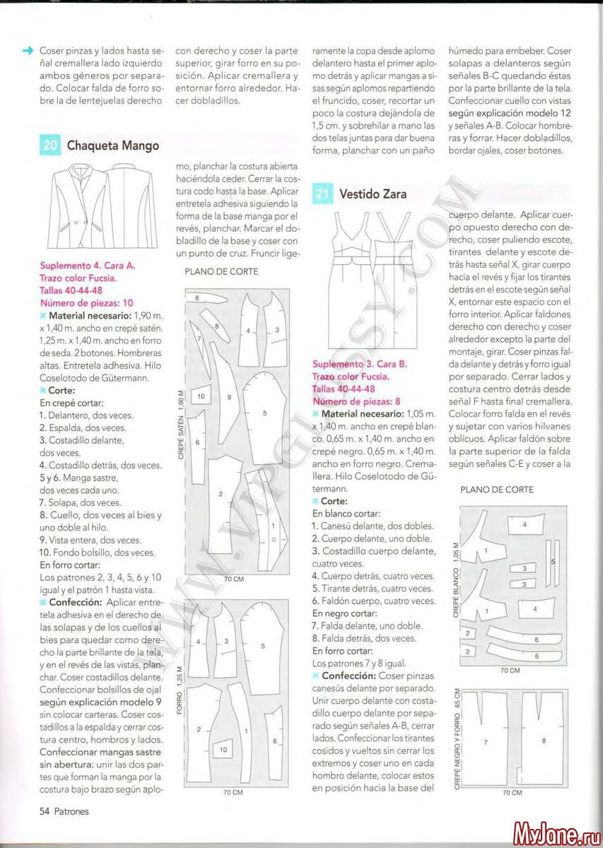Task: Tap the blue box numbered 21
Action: click(322, 194)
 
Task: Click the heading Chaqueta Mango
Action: click(113, 146)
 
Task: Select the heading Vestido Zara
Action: click(373, 194)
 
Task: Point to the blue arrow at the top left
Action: click(28, 51)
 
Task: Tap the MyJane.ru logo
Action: click(556, 832)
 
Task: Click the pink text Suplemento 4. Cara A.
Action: click(88, 266)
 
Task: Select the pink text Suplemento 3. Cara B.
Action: click(360, 364)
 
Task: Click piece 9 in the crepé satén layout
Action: click(230, 397)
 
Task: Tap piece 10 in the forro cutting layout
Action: click(223, 749)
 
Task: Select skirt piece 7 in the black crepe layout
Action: click(486, 742)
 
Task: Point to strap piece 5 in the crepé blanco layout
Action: click(552, 561)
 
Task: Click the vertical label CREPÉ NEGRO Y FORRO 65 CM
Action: click(457, 738)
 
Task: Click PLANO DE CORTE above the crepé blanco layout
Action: click(497, 489)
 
